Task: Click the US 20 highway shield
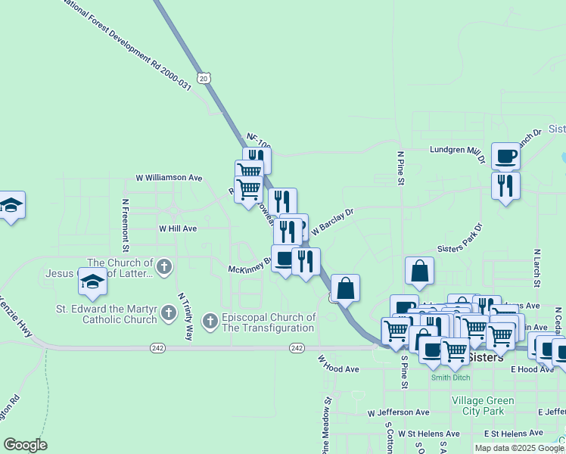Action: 203,77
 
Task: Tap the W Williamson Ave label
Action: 169,177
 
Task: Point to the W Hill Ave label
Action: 178,228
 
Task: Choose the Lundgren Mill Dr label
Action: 457,151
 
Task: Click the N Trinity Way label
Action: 185,315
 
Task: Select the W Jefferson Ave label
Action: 398,413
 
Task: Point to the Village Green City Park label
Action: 482,405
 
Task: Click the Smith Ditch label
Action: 449,378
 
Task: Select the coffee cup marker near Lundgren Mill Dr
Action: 505,156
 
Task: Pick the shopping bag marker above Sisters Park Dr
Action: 420,270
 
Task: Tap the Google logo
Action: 25,445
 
